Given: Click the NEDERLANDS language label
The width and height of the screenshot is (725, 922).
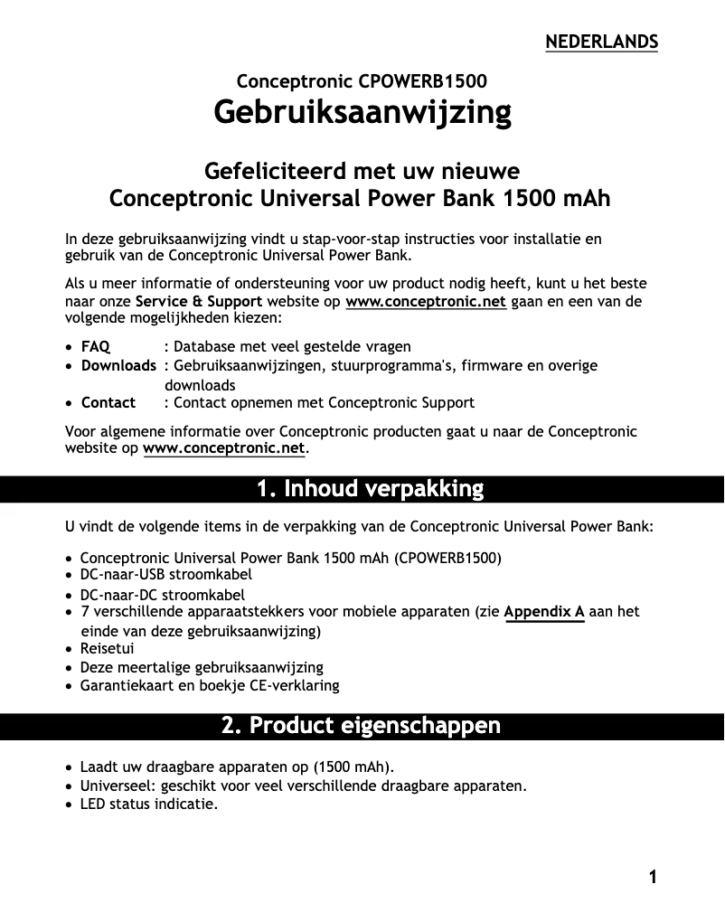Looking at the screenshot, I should pyautogui.click(x=601, y=42).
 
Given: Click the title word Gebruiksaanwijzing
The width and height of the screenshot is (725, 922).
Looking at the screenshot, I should pyautogui.click(x=362, y=113).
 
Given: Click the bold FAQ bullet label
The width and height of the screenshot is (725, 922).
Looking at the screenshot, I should pyautogui.click(x=95, y=346).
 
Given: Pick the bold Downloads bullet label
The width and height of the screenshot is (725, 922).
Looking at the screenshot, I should pyautogui.click(x=118, y=365).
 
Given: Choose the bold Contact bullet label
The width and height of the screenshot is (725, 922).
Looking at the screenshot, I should pyautogui.click(x=108, y=402).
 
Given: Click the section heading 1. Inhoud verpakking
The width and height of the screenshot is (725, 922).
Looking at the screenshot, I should pyautogui.click(x=370, y=489).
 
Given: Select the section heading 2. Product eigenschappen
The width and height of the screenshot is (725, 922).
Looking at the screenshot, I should pyautogui.click(x=361, y=725).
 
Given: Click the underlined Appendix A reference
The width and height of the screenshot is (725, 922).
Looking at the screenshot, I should pyautogui.click(x=544, y=611).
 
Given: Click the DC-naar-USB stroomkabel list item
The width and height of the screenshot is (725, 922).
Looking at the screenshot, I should pyautogui.click(x=165, y=574).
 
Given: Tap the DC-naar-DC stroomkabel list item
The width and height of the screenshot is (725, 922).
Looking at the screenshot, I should pyautogui.click(x=163, y=594).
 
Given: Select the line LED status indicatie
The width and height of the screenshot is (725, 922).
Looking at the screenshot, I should pyautogui.click(x=148, y=804).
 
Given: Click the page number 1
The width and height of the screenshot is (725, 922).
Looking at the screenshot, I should pyautogui.click(x=653, y=877).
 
